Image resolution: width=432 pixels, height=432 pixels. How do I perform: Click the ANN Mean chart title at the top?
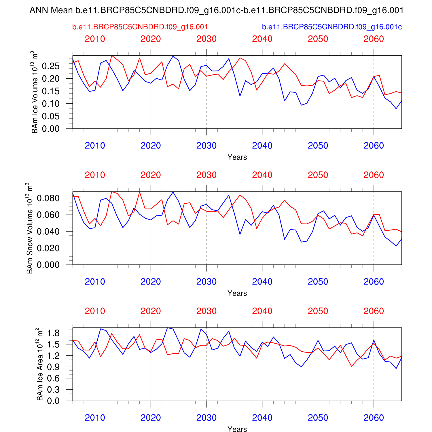pos(216,11)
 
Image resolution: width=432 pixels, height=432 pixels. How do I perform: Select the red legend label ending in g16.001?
pos(140,27)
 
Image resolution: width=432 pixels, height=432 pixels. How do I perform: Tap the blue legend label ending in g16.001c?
pos(332,27)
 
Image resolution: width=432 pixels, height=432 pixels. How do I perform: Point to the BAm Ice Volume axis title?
pos(35,92)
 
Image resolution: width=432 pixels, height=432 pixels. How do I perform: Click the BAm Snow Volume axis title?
pos(30,228)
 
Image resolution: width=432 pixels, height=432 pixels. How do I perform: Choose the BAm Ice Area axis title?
pos(40,364)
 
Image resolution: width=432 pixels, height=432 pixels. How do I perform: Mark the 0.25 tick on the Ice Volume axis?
pos(51,66)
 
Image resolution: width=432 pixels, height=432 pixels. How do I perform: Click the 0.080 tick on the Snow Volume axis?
pos(48,198)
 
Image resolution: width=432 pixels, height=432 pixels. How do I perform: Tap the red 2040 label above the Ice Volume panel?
pos(262,39)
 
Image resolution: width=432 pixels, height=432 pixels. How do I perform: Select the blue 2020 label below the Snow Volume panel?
pos(151,282)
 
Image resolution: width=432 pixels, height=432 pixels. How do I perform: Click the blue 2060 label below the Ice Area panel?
pos(374,418)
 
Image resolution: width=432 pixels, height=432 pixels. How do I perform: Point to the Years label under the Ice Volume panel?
pos(237,157)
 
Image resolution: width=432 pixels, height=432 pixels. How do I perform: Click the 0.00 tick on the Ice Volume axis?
pos(51,129)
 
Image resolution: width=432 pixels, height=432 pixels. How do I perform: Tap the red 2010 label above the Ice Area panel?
pos(95,311)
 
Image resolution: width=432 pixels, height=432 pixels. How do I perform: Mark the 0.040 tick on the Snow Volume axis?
pos(48,232)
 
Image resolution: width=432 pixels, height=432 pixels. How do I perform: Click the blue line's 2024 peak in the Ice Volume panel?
pos(173,56)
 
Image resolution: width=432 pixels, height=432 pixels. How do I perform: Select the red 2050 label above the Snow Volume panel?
pos(318,175)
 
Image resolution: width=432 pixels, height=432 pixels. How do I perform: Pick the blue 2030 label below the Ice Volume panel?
pos(206,146)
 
